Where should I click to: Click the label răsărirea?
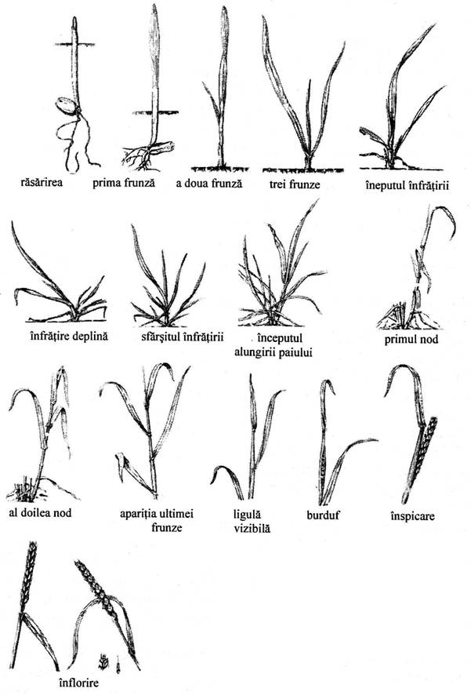(42, 182)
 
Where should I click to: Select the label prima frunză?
(124, 183)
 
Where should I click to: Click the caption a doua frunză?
(208, 184)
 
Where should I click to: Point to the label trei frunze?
(295, 184)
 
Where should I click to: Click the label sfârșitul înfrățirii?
(182, 336)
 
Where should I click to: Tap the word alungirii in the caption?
(254, 353)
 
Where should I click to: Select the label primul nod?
(411, 339)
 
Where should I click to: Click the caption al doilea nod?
(40, 512)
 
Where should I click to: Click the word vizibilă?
(252, 529)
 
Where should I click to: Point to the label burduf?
(323, 515)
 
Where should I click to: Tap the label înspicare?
(412, 517)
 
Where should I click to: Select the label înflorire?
(79, 683)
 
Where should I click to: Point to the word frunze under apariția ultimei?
(167, 528)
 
